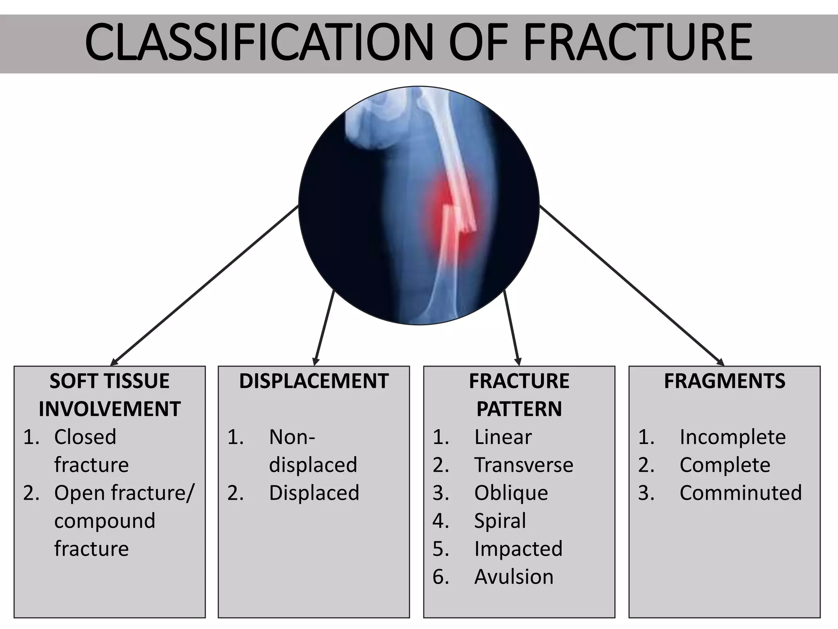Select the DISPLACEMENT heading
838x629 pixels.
[314, 381]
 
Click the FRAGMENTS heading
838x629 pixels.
[725, 381]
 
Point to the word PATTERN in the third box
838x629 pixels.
[519, 409]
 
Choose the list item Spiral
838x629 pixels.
[500, 521]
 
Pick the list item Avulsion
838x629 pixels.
[514, 577]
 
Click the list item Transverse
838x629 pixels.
[524, 465]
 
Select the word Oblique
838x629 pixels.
[511, 493]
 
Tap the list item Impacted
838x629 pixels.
[518, 549]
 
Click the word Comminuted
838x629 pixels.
[741, 493]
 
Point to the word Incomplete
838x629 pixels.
[732, 437]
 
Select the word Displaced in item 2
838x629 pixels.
[314, 493]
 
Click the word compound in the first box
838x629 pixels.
[105, 521]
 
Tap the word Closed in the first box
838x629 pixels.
[85, 437]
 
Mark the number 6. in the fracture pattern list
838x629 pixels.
[441, 577]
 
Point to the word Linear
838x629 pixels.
[503, 437]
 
